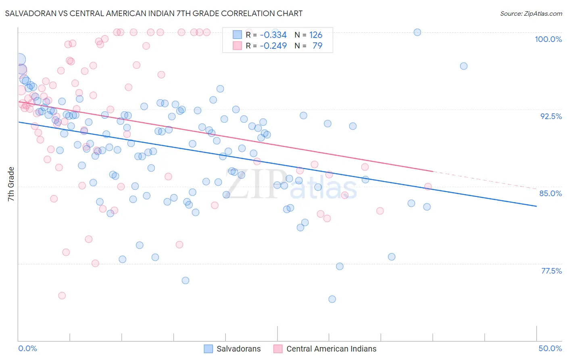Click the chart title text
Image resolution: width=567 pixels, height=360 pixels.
(153, 13)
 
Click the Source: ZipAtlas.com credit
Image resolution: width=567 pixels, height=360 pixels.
(531, 13)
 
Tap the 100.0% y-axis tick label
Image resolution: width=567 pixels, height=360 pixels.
(548, 39)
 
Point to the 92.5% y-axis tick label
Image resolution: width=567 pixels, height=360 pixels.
(551, 116)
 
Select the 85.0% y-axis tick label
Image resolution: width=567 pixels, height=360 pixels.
(550, 193)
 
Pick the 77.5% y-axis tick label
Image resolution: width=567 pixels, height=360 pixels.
(551, 271)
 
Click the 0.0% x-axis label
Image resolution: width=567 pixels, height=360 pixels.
(27, 348)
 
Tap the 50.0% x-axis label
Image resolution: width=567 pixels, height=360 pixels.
(550, 348)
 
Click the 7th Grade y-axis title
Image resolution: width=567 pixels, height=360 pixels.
(11, 184)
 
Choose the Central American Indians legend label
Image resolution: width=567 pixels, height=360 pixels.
(331, 349)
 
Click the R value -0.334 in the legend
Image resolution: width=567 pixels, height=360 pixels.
(273, 35)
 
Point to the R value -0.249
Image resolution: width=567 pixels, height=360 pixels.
(273, 46)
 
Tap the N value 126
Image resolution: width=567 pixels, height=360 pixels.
(316, 35)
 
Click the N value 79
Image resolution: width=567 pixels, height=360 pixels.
(317, 46)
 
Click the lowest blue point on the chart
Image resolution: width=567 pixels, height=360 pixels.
(332, 299)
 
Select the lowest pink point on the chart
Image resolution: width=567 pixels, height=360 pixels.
(62, 295)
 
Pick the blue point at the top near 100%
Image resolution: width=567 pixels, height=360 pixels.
(417, 32)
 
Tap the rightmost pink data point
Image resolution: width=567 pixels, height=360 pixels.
(428, 186)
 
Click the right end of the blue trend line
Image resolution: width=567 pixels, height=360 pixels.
(536, 206)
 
